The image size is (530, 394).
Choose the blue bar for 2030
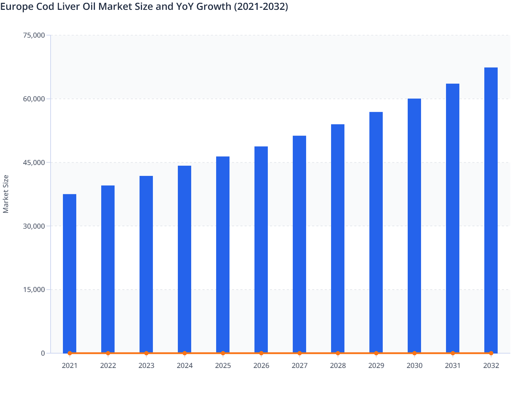414,225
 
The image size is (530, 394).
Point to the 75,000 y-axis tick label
34,35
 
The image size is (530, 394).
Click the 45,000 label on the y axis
34,163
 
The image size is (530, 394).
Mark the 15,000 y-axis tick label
34,290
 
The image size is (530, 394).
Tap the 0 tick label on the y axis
43,353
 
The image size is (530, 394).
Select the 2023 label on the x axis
146,366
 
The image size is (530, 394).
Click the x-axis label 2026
261,366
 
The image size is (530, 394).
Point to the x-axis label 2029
376,366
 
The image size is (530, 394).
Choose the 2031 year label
453,366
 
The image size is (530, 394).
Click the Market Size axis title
6,194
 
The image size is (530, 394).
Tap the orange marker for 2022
108,353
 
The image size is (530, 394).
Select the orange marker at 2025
223,353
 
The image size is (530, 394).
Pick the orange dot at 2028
338,353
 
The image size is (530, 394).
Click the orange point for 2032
491,353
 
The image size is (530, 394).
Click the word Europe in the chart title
17,6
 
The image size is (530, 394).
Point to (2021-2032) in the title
261,6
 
